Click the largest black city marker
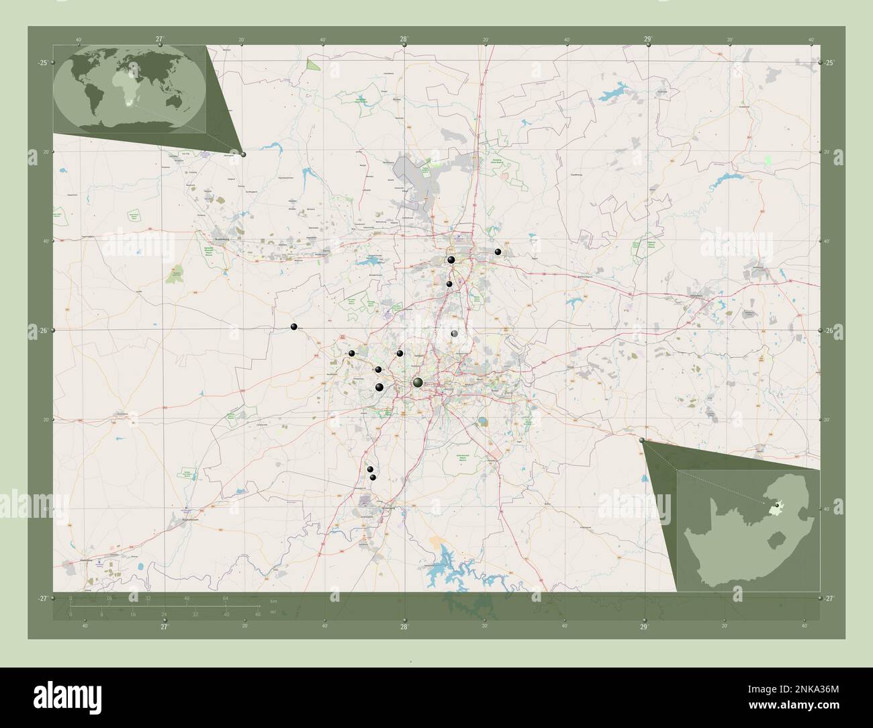pyautogui.click(x=418, y=382)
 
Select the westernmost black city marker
pyautogui.click(x=293, y=326)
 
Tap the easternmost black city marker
pyautogui.click(x=498, y=252)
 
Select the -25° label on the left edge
pyautogui.click(x=42, y=62)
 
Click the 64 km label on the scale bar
pyautogui.click(x=226, y=598)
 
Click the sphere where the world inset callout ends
pyautogui.click(x=243, y=154)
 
